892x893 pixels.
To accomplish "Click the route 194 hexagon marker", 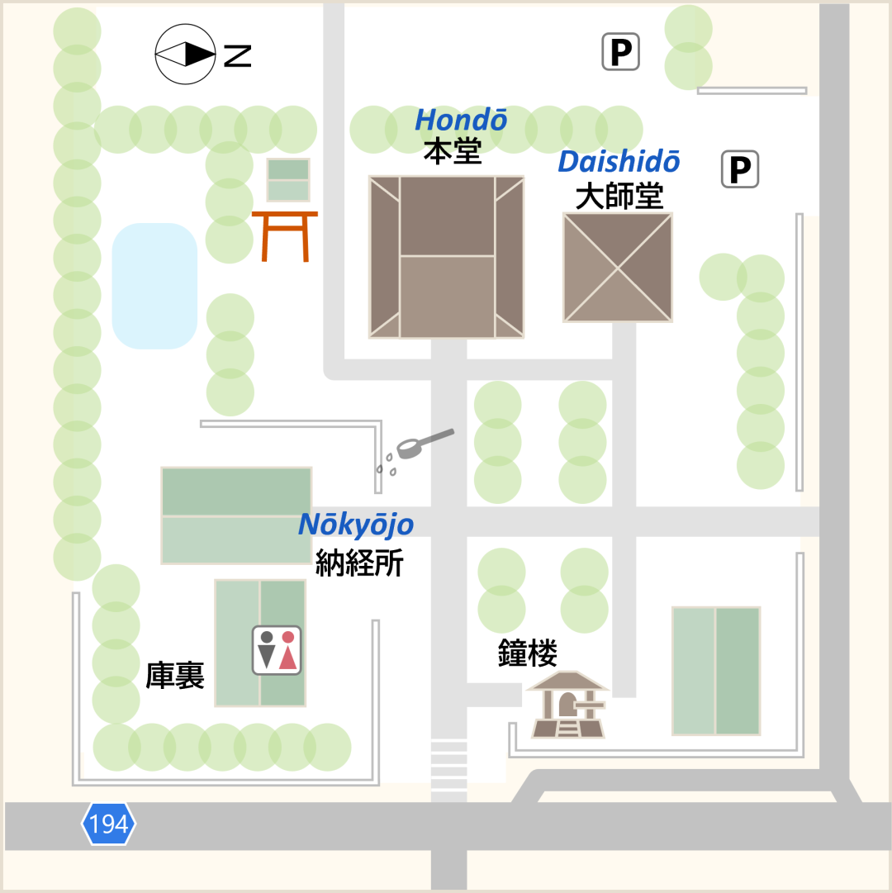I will (108, 824).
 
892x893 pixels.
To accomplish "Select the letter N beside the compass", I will (238, 55).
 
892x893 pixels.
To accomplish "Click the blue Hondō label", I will (461, 121).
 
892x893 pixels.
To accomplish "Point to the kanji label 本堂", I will (453, 151).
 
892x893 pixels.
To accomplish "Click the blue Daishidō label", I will (619, 162).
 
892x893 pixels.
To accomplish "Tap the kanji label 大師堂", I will (619, 197).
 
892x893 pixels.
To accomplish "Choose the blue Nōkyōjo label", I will (356, 525).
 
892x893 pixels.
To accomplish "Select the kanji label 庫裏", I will (174, 675).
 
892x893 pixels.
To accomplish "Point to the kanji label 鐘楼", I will (527, 653).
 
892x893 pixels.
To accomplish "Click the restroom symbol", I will (277, 650).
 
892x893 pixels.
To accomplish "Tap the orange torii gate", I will (285, 235).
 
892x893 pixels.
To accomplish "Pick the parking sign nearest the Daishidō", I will (739, 170).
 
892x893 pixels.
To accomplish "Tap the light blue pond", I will (154, 286).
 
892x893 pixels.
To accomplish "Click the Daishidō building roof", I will (618, 268).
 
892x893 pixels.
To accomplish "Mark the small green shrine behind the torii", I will (288, 180).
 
